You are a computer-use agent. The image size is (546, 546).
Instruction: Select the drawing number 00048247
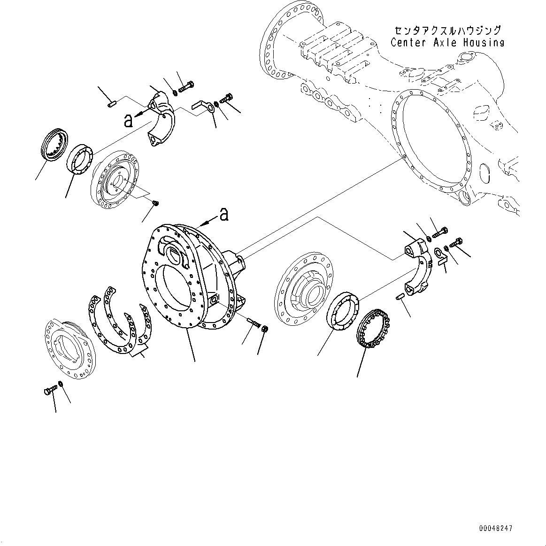point(495,528)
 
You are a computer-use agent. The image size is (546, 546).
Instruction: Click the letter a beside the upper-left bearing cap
point(129,121)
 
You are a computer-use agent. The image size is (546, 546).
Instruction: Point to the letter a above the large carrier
point(224,215)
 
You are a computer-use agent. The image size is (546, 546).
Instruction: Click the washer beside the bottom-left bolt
point(61,384)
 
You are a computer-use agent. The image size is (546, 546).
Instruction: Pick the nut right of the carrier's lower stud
point(264,328)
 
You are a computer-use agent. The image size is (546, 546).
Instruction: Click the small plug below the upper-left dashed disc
point(156,203)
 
